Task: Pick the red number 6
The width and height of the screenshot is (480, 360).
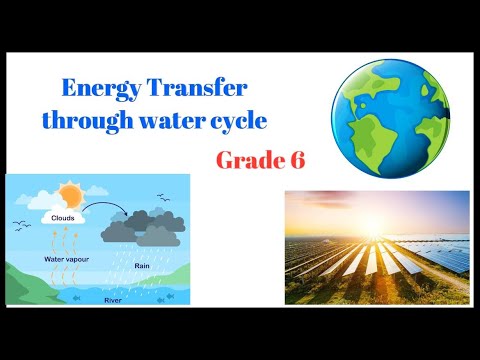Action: click(x=296, y=160)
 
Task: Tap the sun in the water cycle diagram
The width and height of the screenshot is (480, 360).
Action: click(x=69, y=194)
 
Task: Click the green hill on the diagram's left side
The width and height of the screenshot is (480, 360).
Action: click(x=25, y=270)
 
